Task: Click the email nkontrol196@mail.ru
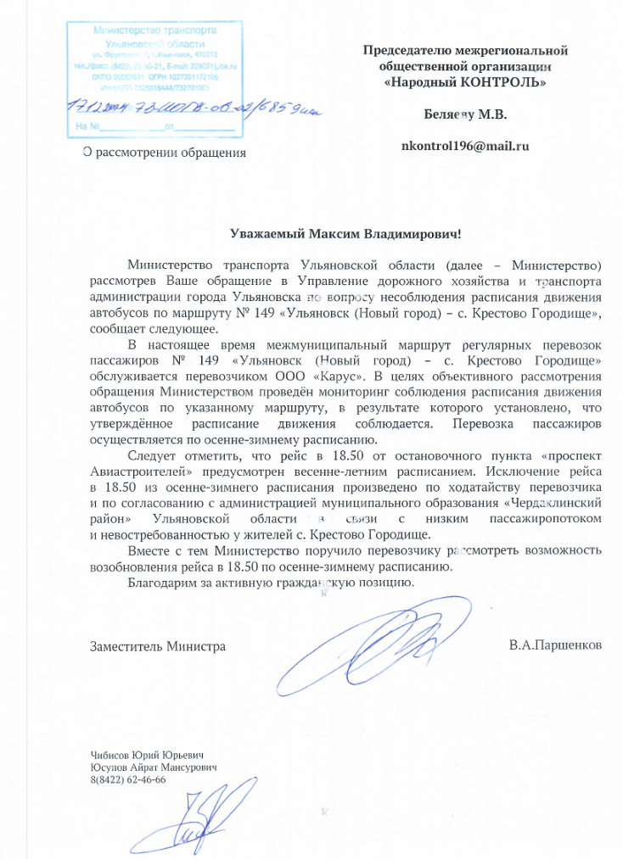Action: point(465,146)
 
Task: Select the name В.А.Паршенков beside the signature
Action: point(556,646)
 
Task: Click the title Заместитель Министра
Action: point(158,646)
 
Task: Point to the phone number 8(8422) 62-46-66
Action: point(128,779)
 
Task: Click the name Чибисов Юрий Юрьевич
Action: point(148,755)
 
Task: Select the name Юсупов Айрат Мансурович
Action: point(154,767)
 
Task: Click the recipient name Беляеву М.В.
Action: point(465,114)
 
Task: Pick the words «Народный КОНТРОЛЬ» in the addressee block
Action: point(465,82)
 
